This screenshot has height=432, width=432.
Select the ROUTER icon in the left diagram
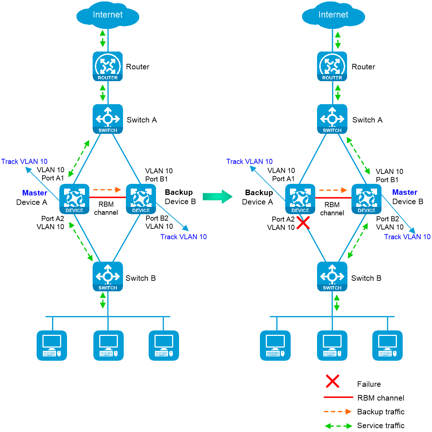(x=108, y=66)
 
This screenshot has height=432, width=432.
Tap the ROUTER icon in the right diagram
(x=332, y=66)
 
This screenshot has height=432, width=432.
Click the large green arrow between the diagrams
(x=217, y=197)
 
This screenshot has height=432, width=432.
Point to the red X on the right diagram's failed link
(x=303, y=223)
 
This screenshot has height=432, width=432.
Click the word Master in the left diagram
(x=35, y=193)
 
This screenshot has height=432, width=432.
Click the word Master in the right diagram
(x=405, y=192)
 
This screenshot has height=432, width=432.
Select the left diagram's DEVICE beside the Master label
(x=74, y=199)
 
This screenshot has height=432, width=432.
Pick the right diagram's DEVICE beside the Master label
(x=366, y=199)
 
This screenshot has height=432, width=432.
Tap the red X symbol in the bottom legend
(x=332, y=381)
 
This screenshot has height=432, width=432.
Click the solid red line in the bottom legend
(x=338, y=397)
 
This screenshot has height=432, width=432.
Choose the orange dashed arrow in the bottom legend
(x=338, y=412)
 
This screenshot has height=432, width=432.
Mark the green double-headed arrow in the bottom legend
(x=338, y=426)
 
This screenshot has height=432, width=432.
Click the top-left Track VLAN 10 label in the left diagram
(x=25, y=162)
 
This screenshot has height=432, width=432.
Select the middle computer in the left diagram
(x=108, y=346)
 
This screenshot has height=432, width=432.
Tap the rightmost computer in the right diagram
(x=387, y=346)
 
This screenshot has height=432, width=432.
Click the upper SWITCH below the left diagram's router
(x=108, y=119)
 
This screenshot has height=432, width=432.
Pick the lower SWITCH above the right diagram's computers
(x=332, y=276)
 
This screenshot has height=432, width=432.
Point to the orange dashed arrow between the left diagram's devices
(x=107, y=190)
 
